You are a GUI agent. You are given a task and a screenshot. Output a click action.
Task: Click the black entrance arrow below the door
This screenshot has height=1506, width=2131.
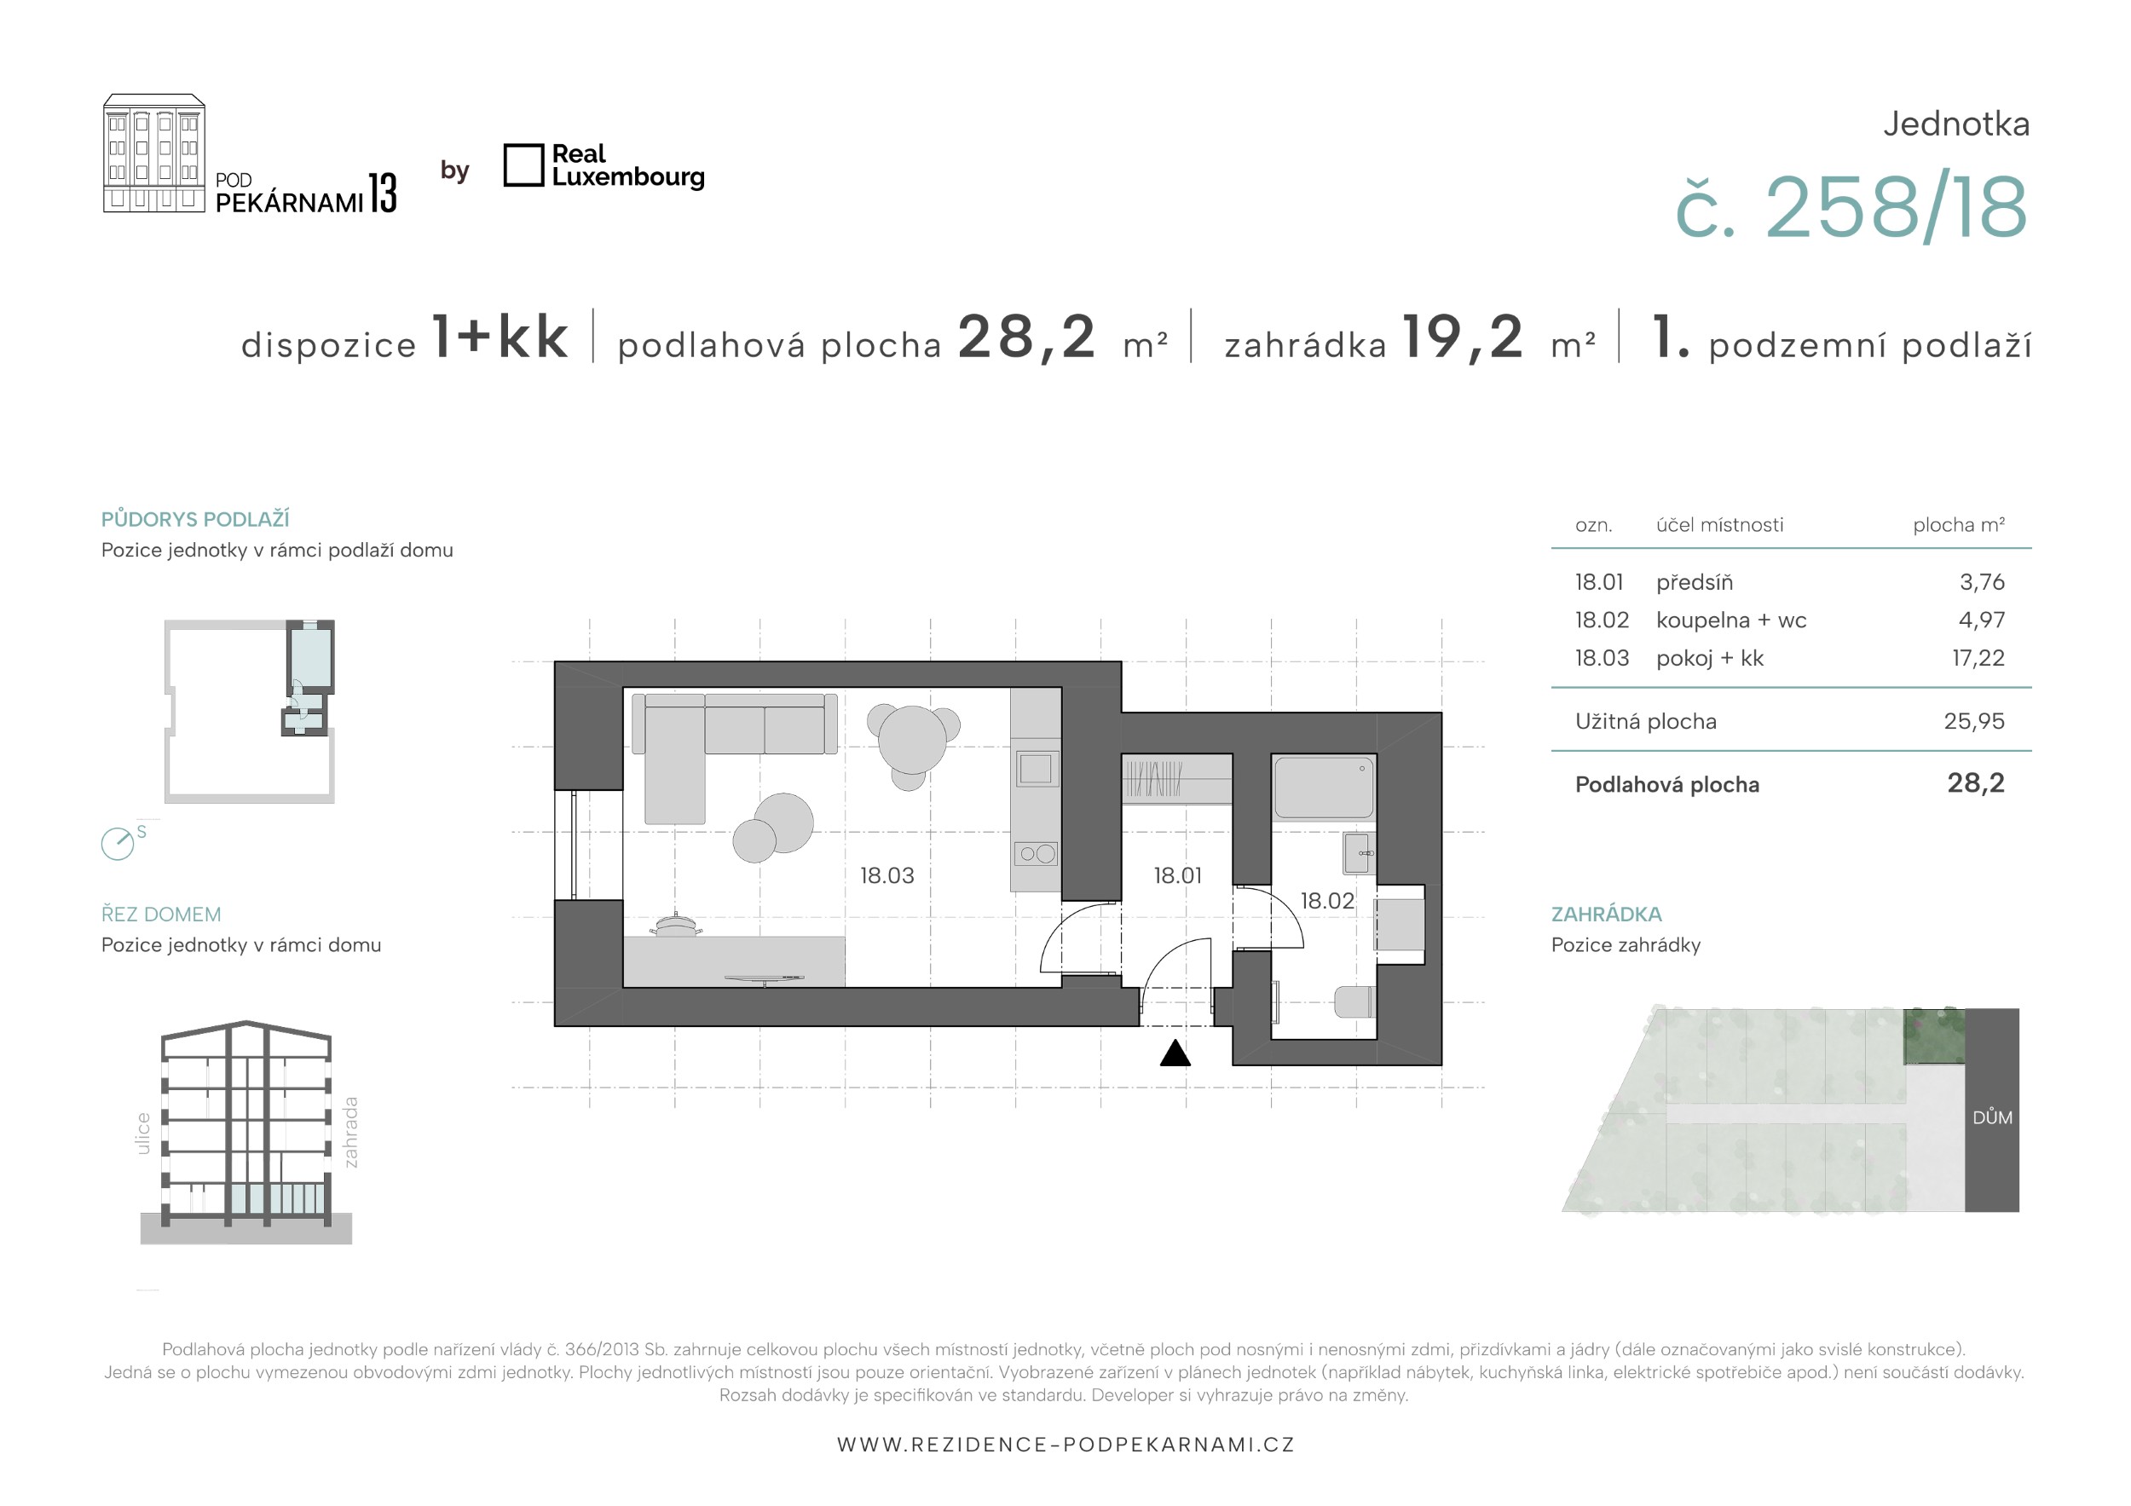[1175, 1053]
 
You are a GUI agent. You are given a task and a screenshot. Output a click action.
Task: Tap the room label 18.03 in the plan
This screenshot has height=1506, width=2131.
[886, 875]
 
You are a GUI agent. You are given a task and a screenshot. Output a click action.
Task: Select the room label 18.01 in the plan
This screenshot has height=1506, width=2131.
[1177, 875]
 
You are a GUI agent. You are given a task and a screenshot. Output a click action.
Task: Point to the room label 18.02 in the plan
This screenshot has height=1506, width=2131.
[1326, 900]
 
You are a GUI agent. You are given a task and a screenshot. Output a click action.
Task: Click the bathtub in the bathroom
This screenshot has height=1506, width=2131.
[1324, 788]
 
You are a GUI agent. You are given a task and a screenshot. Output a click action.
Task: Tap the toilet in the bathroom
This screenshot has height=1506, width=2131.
[1354, 1001]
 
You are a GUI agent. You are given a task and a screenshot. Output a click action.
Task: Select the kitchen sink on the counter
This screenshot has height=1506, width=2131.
[1035, 770]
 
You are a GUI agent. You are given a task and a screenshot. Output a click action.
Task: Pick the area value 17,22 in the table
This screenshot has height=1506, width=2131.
[1978, 658]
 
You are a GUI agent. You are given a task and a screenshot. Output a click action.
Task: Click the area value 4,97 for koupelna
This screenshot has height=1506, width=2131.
[1982, 620]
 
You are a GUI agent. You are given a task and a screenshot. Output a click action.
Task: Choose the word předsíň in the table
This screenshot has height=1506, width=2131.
[1694, 582]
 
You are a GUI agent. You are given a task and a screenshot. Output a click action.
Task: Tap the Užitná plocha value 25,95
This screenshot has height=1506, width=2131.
[1974, 721]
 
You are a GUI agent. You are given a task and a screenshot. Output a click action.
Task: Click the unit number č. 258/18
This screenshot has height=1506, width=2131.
[1851, 208]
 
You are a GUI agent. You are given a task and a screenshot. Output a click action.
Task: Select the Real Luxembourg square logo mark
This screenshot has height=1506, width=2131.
[523, 165]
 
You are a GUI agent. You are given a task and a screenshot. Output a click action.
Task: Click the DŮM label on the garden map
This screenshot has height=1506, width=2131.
[1992, 1117]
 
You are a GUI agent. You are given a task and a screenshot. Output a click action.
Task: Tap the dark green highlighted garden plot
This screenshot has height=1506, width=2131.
[1934, 1036]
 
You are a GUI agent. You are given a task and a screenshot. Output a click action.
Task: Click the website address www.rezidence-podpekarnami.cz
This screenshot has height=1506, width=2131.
[1065, 1445]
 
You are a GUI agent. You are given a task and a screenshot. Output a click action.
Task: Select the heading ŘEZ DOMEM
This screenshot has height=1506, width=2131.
[160, 914]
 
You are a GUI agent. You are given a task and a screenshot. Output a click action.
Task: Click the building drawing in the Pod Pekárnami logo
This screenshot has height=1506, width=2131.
[153, 153]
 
